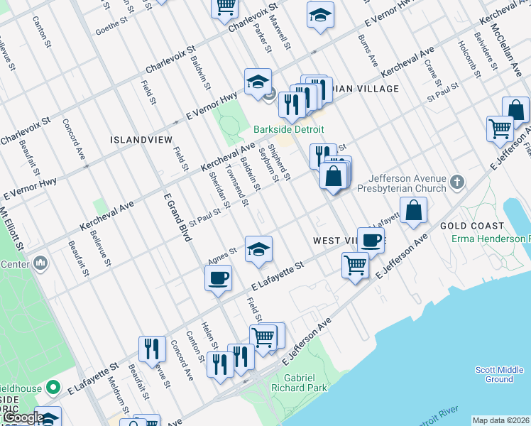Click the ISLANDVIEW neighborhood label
tap(139, 140)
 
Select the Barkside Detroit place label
tap(289, 129)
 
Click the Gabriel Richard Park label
tap(305, 383)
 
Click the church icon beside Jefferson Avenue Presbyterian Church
tap(456, 182)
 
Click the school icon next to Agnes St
tap(258, 249)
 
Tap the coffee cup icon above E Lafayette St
tap(218, 276)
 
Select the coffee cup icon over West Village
tap(370, 239)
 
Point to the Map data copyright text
tap(500, 420)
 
